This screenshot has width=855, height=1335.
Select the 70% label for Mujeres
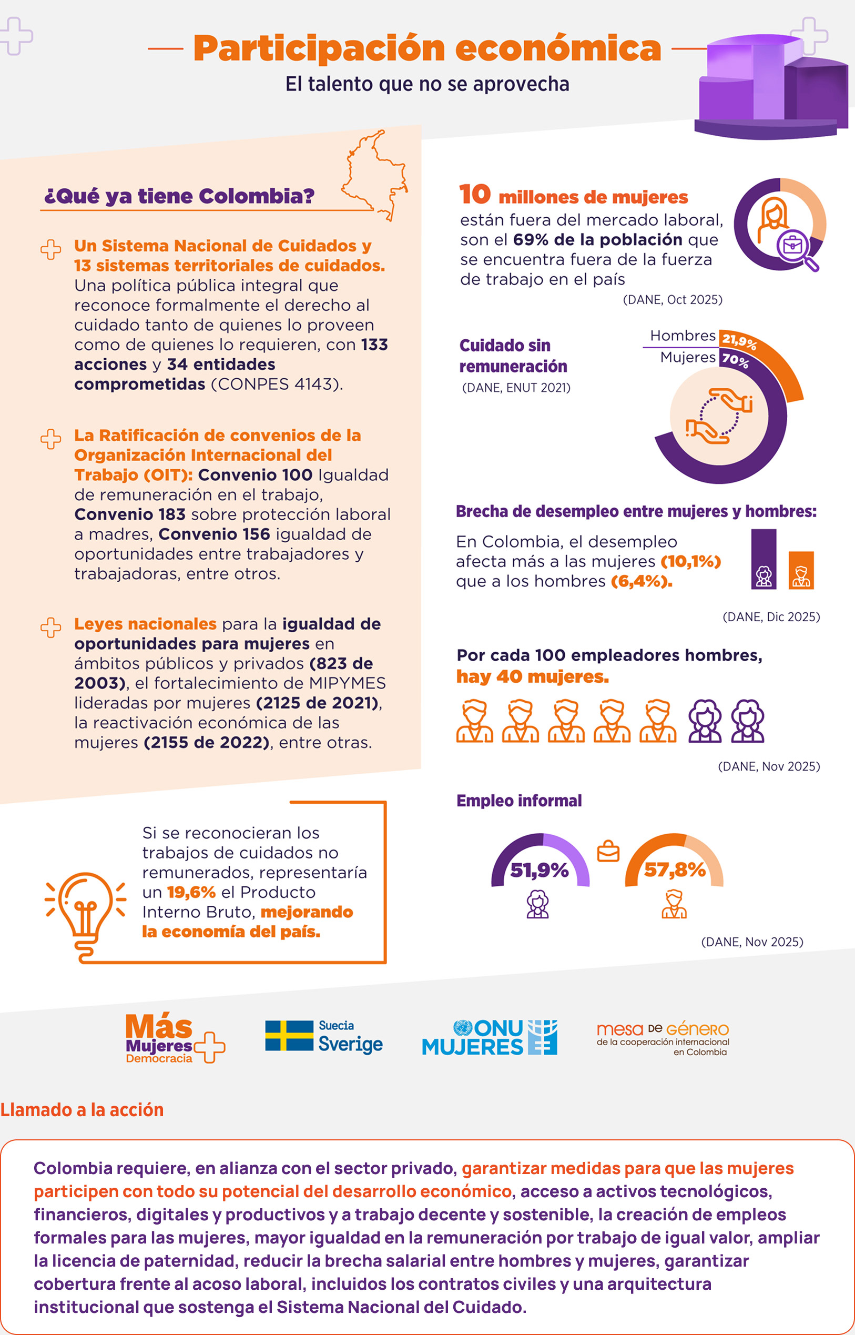pyautogui.click(x=735, y=360)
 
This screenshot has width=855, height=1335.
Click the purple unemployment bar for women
pyautogui.click(x=764, y=559)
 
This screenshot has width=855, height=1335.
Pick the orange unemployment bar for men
pyautogui.click(x=801, y=570)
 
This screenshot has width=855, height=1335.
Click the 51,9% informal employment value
pyautogui.click(x=539, y=870)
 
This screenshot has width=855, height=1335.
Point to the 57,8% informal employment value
pyautogui.click(x=674, y=870)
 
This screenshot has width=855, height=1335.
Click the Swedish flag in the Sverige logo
pyautogui.click(x=289, y=1036)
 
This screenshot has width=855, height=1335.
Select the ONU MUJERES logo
pyautogui.click(x=489, y=1037)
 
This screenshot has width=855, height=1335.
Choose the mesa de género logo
pyautogui.click(x=663, y=1038)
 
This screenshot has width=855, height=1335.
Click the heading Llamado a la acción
pyautogui.click(x=82, y=1109)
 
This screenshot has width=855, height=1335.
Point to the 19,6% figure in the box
pyautogui.click(x=191, y=893)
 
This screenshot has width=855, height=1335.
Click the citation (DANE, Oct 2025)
pyautogui.click(x=673, y=300)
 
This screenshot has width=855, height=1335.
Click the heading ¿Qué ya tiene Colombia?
pyautogui.click(x=179, y=196)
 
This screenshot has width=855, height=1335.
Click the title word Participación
pyautogui.click(x=319, y=48)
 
